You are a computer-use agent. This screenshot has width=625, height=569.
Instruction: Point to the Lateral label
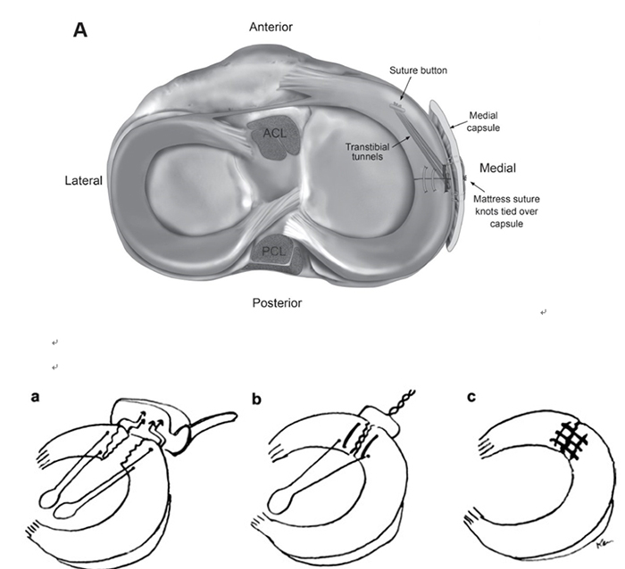pos(83,180)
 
